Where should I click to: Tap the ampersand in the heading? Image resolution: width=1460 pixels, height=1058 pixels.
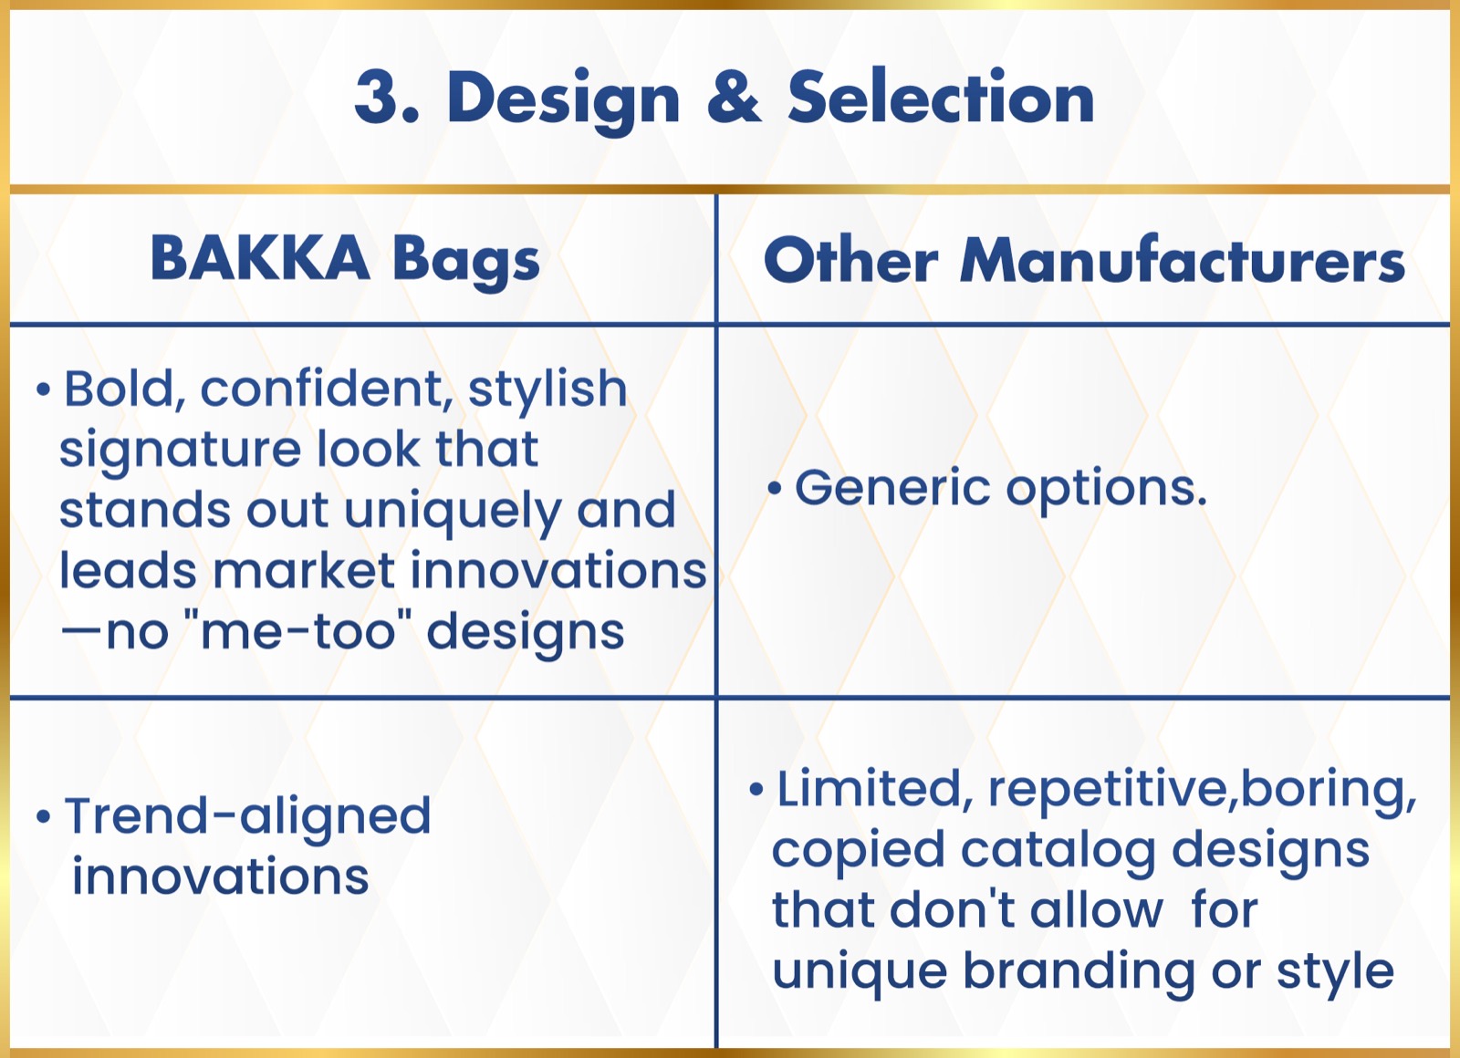tap(734, 97)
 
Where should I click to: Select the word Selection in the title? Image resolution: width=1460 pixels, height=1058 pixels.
tap(941, 97)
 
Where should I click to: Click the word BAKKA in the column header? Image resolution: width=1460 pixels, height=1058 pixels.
tap(260, 259)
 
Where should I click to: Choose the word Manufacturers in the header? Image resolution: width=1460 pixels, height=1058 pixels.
tap(1183, 259)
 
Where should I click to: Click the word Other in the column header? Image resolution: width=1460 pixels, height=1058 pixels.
tap(851, 259)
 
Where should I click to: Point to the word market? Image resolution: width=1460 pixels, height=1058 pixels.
tap(305, 571)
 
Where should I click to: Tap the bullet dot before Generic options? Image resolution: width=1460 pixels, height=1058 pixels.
tap(775, 488)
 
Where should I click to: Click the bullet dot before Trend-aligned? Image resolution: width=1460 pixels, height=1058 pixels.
tap(43, 816)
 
